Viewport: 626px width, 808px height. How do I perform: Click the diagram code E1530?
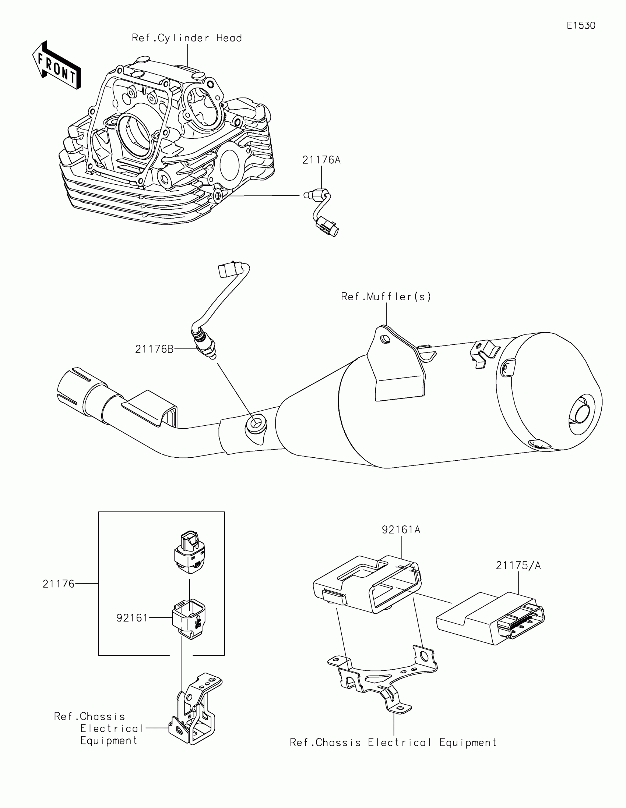pyautogui.click(x=581, y=25)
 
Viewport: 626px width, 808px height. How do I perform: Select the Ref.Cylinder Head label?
pyautogui.click(x=187, y=38)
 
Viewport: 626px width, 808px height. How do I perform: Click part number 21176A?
pyautogui.click(x=321, y=160)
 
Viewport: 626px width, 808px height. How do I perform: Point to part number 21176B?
pyautogui.click(x=154, y=349)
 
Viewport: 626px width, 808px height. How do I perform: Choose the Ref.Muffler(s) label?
pyautogui.click(x=386, y=297)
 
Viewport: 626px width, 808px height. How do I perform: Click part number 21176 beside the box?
pyautogui.click(x=59, y=584)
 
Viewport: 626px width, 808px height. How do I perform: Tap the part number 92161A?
pyautogui.click(x=401, y=530)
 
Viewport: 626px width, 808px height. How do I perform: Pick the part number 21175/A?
pyautogui.click(x=518, y=566)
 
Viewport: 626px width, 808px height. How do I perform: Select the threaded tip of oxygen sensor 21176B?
pyautogui.click(x=212, y=356)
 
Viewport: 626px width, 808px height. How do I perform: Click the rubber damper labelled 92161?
pyautogui.click(x=189, y=620)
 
